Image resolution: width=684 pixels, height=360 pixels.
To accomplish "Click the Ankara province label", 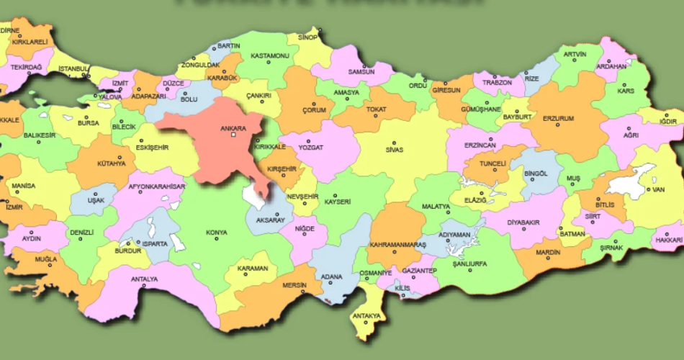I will [232, 128].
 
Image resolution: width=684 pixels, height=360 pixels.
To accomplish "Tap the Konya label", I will [216, 233].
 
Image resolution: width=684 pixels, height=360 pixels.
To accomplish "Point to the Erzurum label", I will [558, 118].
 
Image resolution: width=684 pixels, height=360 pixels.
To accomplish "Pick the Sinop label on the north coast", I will [307, 37].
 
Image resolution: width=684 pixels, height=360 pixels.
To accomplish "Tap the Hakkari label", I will [670, 240].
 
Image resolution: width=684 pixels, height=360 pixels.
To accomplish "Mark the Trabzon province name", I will [497, 83].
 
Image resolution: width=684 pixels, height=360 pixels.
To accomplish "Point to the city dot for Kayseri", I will [336, 194].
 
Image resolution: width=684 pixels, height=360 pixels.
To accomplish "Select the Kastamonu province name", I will [269, 56].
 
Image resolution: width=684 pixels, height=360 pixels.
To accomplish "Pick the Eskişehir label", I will [152, 148].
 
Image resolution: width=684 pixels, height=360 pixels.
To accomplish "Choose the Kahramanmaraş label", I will [397, 245].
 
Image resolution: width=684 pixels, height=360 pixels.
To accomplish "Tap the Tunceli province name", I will [489, 164].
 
